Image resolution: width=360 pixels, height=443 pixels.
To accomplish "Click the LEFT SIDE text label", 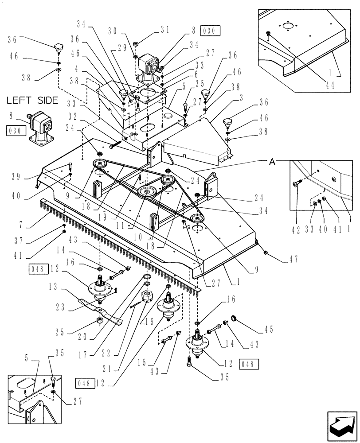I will coord(32,100).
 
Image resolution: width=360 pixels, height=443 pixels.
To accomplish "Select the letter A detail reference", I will coord(273,162).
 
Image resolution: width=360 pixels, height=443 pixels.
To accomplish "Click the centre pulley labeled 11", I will coord(145,192).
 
